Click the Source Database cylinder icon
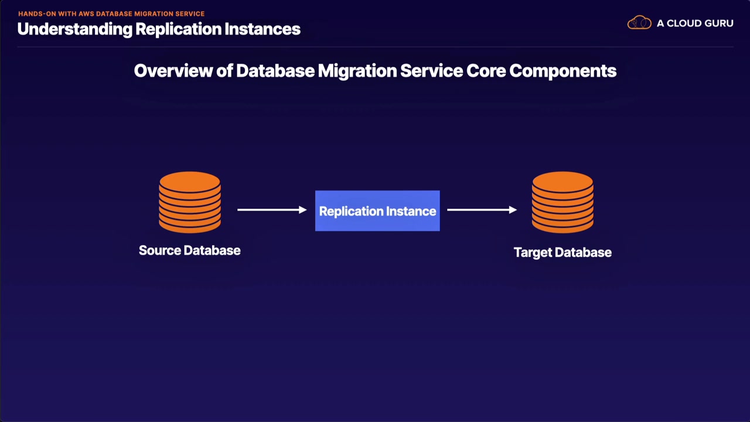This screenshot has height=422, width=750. (190, 202)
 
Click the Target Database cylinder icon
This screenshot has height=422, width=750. (562, 202)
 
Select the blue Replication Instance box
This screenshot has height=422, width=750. (377, 211)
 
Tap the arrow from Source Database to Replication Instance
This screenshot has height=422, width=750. (272, 209)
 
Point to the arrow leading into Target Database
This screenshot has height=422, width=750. (482, 209)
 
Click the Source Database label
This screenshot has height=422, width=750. (189, 250)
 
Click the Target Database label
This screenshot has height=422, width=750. (562, 253)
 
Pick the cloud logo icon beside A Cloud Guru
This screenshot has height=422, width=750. (639, 23)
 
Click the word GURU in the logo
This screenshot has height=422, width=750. (716, 23)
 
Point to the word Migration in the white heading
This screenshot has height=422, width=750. (357, 71)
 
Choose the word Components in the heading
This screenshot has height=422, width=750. (562, 71)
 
